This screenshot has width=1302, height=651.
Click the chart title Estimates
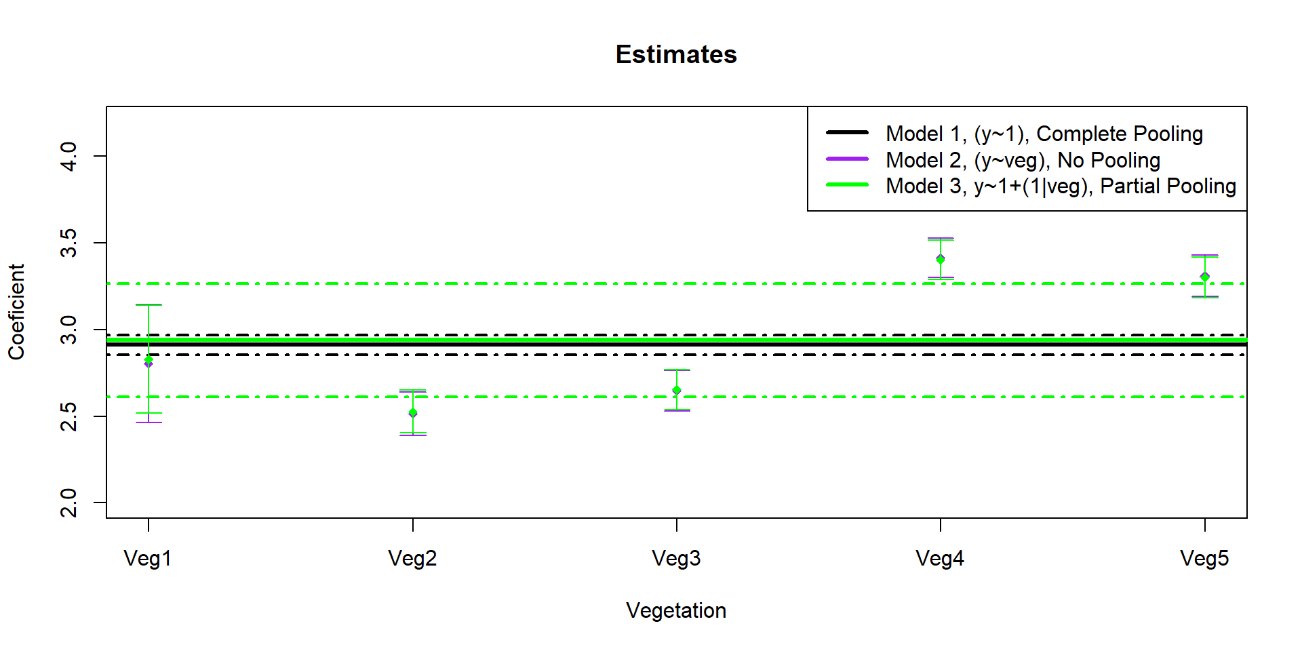tap(676, 54)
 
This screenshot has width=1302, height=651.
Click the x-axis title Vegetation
tap(676, 611)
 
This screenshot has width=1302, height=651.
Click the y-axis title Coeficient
tap(16, 312)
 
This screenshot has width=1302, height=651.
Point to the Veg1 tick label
tap(148, 559)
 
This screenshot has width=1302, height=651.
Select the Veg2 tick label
tap(412, 559)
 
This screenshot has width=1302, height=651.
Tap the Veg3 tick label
tap(676, 559)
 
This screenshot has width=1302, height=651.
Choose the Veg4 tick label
tap(940, 559)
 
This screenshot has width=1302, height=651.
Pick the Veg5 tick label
tap(1204, 559)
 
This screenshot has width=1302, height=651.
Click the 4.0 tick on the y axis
tap(68, 156)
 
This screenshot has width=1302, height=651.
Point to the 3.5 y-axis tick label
tap(68, 243)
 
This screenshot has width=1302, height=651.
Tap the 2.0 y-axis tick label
tap(68, 502)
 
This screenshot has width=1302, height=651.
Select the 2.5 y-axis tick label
tap(68, 416)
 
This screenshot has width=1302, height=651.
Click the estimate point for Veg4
tap(941, 259)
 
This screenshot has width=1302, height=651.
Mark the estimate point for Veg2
tap(413, 413)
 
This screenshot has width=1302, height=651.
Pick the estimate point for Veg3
tap(677, 390)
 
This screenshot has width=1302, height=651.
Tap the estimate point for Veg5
tap(1205, 277)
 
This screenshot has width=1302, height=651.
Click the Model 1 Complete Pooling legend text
tap(1044, 134)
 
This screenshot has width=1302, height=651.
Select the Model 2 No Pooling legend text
tap(1023, 160)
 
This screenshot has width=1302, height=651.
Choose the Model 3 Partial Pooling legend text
tap(1061, 186)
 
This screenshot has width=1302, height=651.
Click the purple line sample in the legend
tap(847, 159)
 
